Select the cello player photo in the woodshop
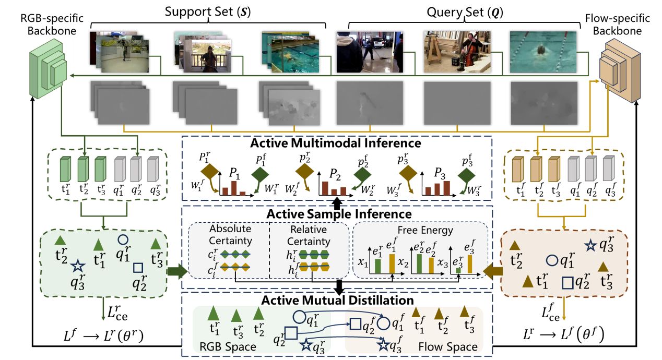click(x=457, y=52)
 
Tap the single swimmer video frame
click(x=543, y=52)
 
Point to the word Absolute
click(x=230, y=229)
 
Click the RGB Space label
click(x=228, y=347)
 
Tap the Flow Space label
click(x=448, y=347)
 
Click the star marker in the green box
click(x=77, y=267)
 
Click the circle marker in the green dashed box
click(x=122, y=239)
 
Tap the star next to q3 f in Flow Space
click(x=383, y=344)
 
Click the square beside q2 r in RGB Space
click(x=291, y=332)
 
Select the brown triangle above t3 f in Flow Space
click(x=464, y=312)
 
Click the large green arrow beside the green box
click(x=178, y=271)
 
